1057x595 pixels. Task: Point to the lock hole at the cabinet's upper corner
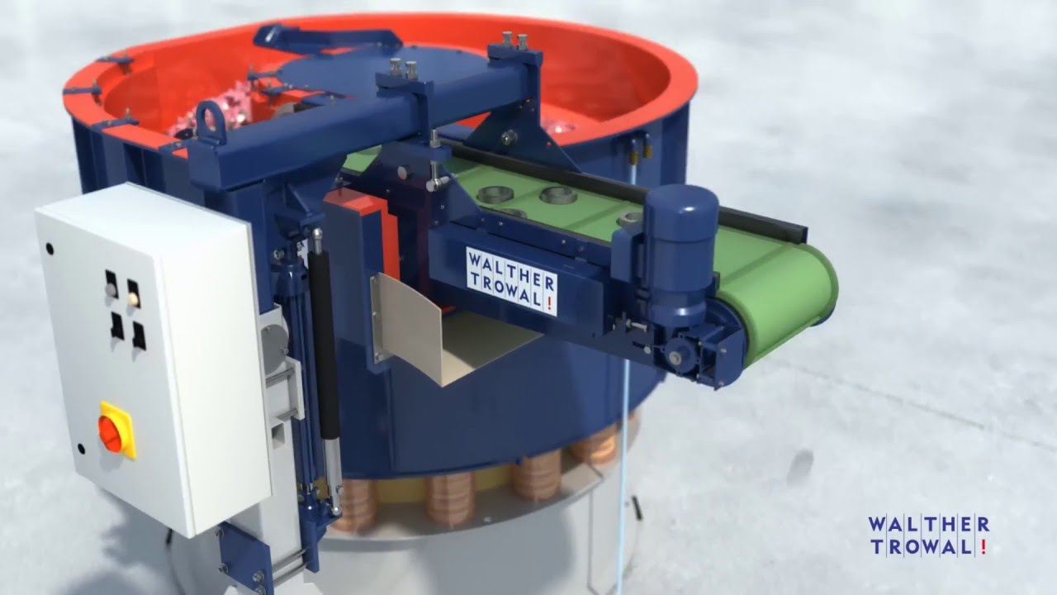coord(50,248)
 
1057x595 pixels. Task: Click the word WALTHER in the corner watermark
coord(928,525)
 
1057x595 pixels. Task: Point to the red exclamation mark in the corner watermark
coord(983,546)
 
